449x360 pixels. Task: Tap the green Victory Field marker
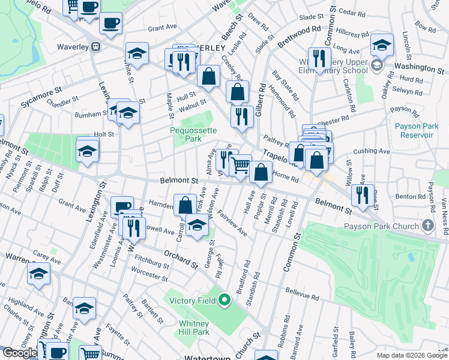(x=224, y=299)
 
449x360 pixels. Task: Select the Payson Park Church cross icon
(x=427, y=226)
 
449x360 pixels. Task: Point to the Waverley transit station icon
(x=95, y=46)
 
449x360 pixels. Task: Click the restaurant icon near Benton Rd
(x=363, y=194)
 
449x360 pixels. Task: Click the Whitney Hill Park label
(x=193, y=328)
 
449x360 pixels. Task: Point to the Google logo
(x=19, y=353)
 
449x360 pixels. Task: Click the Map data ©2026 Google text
(x=412, y=355)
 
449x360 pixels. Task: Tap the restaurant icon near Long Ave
(x=319, y=58)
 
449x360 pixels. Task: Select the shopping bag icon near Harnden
(x=185, y=204)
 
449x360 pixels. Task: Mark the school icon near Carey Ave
(x=39, y=274)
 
